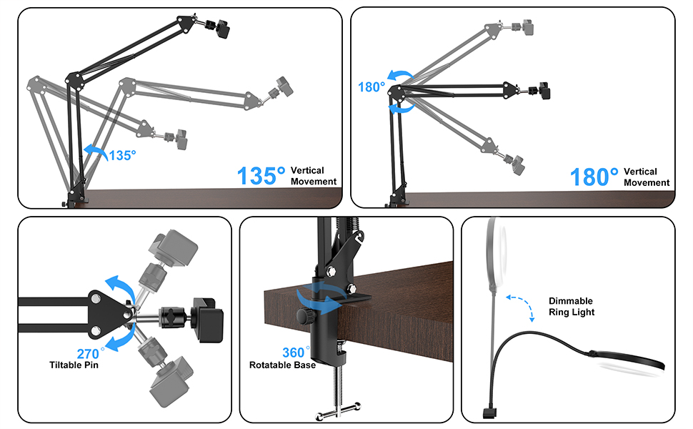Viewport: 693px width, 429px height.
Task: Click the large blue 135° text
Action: [x=261, y=176]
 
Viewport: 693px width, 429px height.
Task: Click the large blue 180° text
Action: [x=594, y=177]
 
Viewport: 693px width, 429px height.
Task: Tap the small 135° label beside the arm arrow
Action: [x=121, y=154]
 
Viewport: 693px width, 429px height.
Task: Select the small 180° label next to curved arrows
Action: [x=372, y=87]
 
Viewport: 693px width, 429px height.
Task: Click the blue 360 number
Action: [x=294, y=353]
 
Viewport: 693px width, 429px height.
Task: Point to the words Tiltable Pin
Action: [x=74, y=365]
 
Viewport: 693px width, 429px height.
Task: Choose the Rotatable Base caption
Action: [x=282, y=365]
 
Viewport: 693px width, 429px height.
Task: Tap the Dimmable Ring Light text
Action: [x=571, y=307]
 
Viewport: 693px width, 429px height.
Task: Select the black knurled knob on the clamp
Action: [x=301, y=316]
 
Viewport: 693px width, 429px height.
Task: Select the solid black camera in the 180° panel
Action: [x=544, y=92]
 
